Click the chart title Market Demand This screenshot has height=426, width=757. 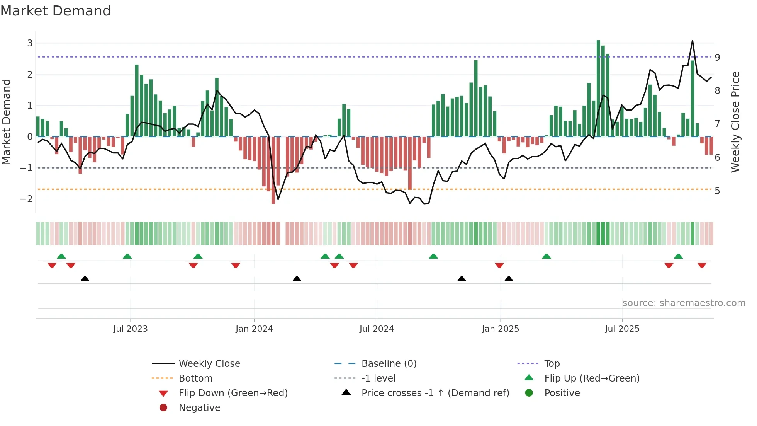point(56,11)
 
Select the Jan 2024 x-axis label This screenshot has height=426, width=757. point(254,329)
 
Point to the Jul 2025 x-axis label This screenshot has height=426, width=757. point(622,329)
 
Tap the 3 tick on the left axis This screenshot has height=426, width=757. point(30,43)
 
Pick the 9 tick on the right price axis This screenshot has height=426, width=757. point(717,57)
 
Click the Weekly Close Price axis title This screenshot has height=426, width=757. point(736,122)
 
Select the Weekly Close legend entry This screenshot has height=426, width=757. point(209,364)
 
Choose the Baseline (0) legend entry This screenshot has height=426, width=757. point(389,364)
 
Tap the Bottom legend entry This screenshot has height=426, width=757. point(195,378)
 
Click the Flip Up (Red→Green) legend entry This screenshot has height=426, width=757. point(591,378)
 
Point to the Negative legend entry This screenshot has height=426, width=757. point(199,408)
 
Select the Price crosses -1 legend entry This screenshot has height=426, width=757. point(435,393)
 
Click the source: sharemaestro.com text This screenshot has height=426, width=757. point(684,303)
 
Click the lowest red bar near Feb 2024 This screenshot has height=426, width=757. point(273,170)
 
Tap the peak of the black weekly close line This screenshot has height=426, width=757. point(693,41)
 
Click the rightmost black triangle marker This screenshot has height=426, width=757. point(509,279)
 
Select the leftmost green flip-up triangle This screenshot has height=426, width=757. point(61,256)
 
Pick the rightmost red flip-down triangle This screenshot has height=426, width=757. point(702,265)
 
